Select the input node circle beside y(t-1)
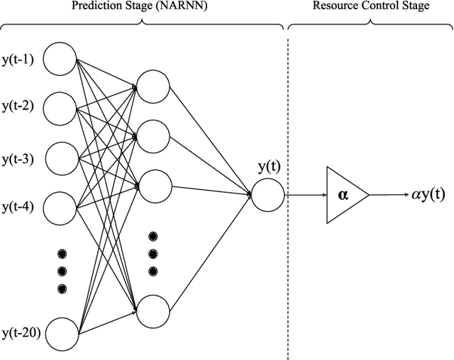[60, 60]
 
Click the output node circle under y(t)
[267, 194]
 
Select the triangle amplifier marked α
[344, 194]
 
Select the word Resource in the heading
[335, 6]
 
